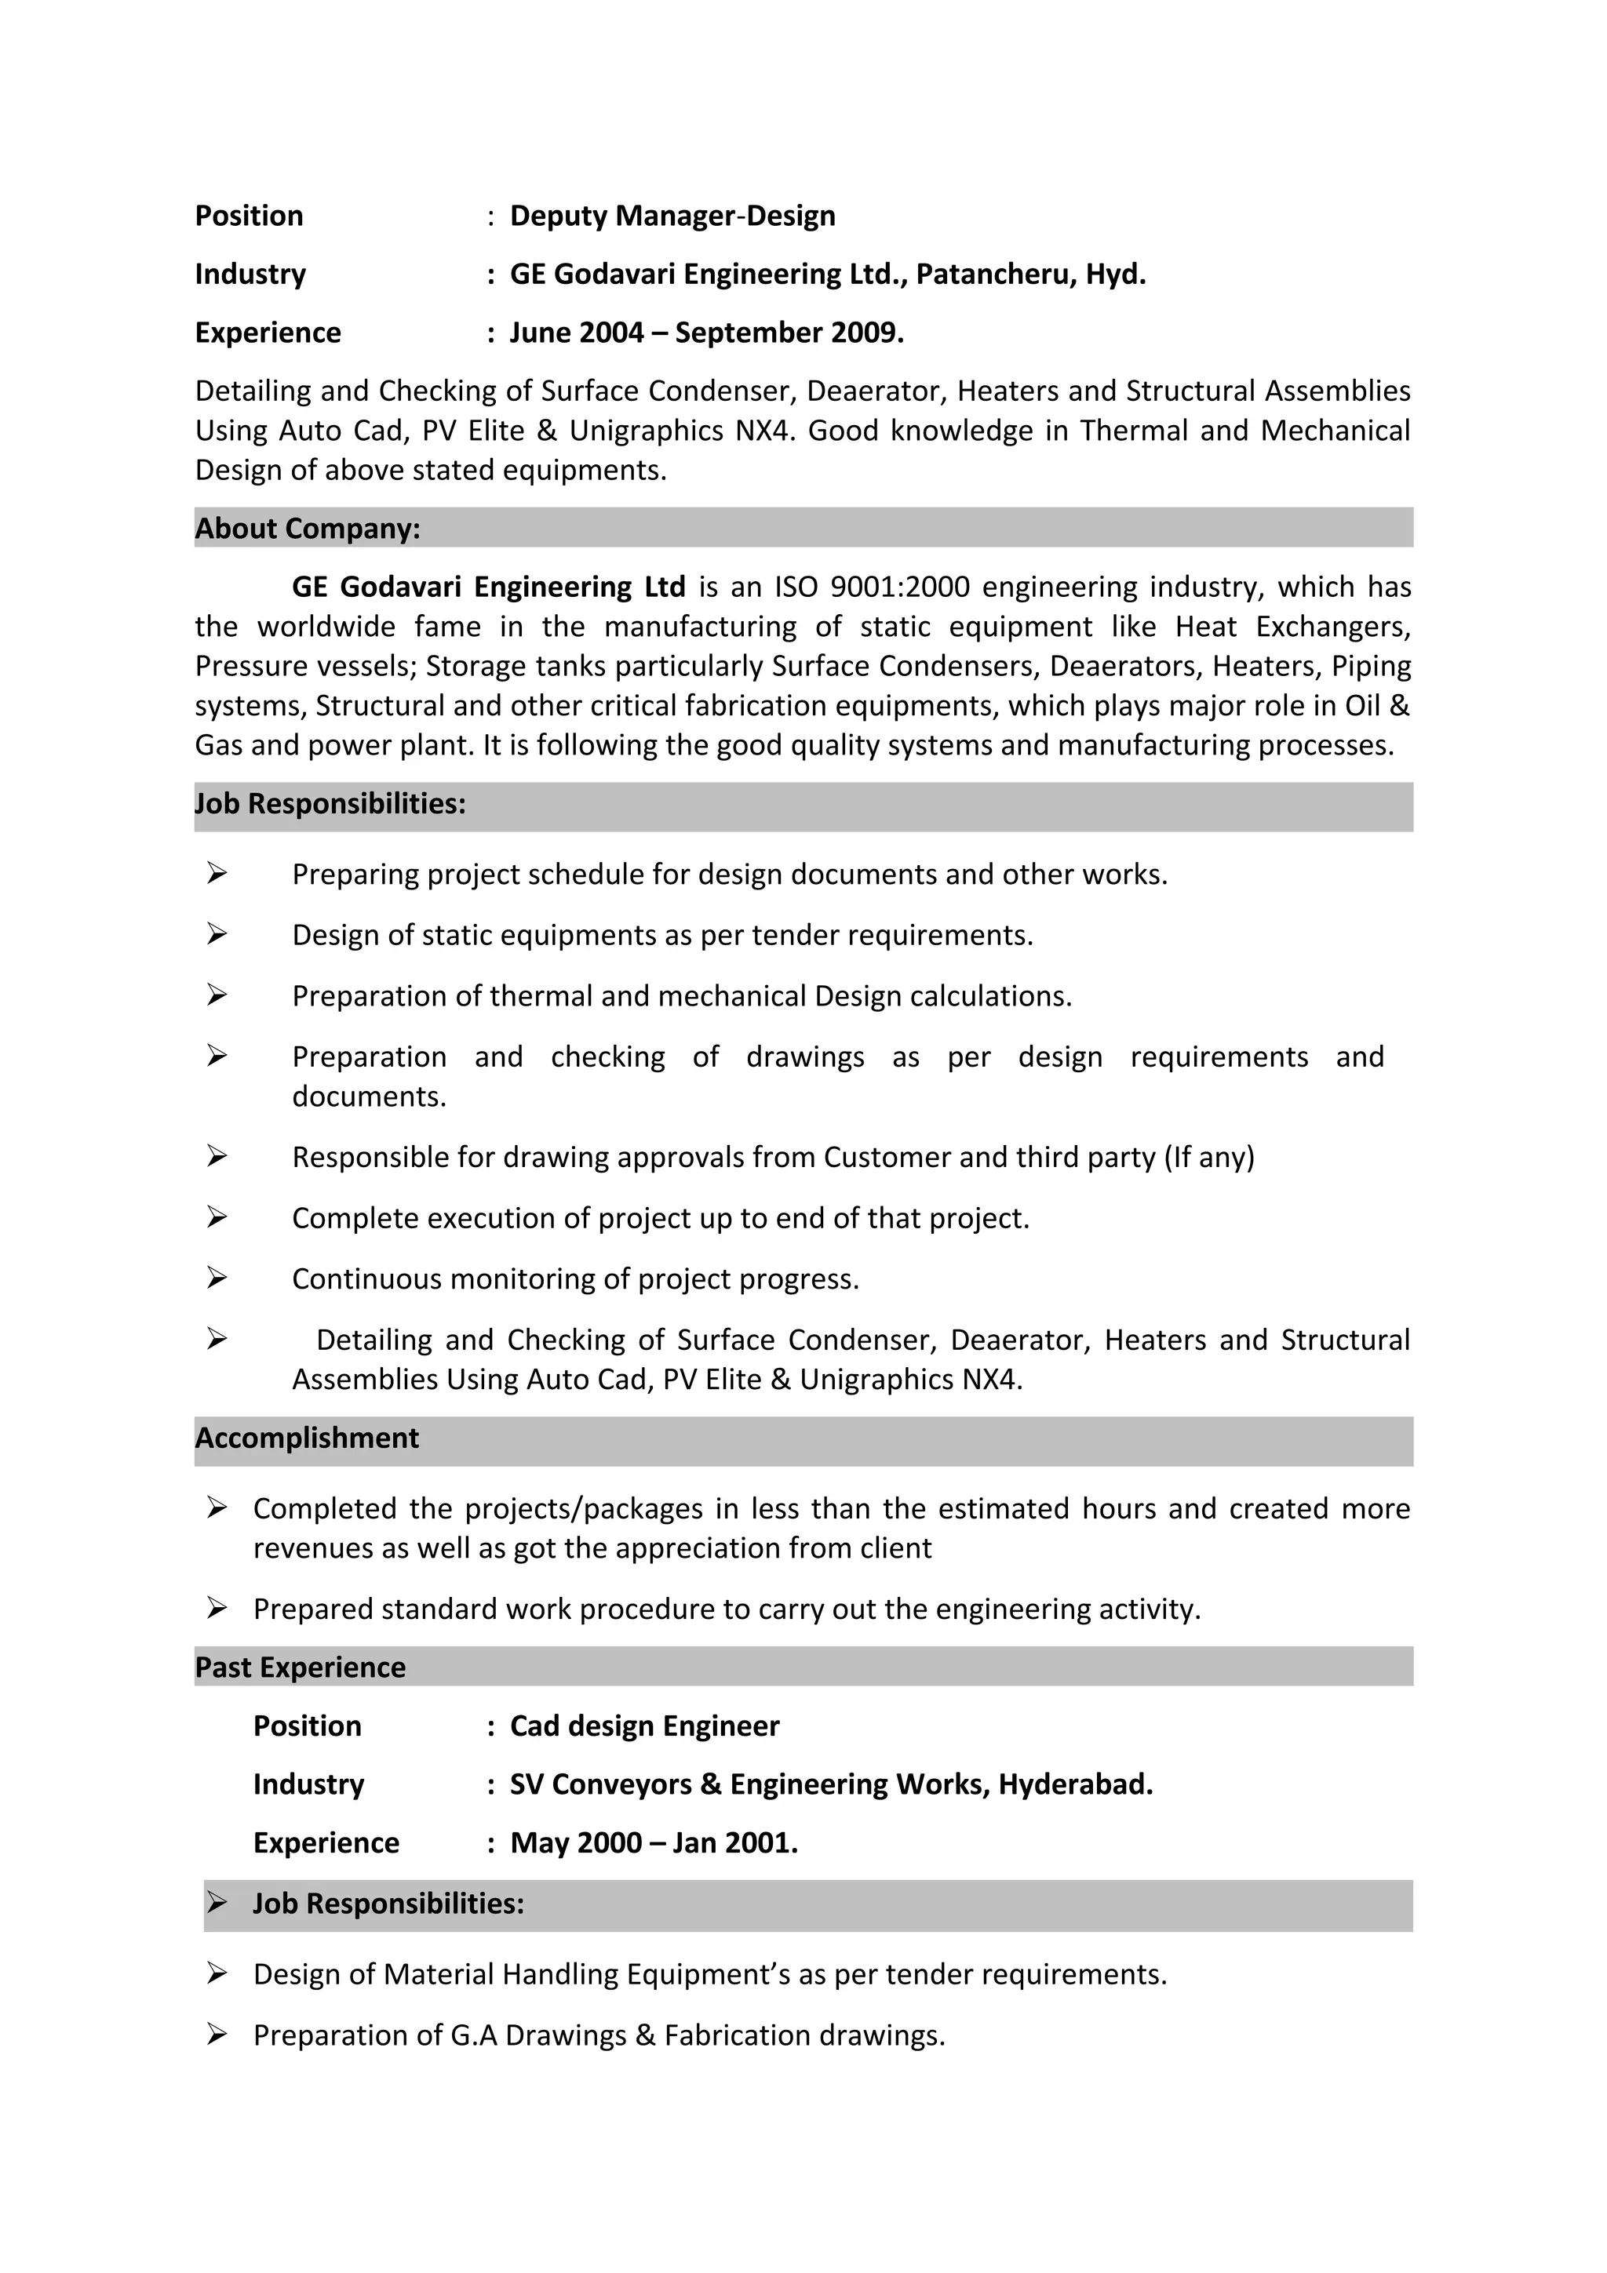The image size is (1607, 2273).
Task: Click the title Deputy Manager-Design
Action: coord(672,216)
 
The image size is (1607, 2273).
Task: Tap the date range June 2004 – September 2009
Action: coord(706,333)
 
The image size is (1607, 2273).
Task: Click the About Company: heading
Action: coord(307,529)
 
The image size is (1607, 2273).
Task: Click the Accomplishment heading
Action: coord(307,1438)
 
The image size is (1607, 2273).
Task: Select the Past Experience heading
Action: coord(300,1667)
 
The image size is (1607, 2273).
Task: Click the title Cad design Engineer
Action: coord(644,1726)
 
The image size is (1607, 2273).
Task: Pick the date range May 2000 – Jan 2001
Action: coord(654,1842)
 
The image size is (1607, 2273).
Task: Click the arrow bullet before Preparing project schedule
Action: coord(217,873)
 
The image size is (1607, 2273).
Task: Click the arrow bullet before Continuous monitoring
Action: coord(217,1278)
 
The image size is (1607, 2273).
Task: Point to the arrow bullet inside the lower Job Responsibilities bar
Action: coord(217,1903)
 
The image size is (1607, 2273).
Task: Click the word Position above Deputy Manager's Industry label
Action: coord(250,216)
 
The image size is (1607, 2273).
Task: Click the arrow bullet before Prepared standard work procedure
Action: coord(217,1609)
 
